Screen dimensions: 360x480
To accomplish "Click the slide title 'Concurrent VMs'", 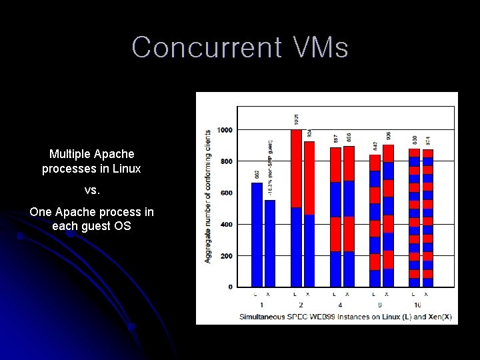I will (x=240, y=48).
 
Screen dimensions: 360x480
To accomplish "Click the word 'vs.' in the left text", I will (x=92, y=190).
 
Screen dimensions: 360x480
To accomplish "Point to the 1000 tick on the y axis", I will (x=225, y=129).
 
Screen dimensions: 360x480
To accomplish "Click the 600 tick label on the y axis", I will (x=226, y=193).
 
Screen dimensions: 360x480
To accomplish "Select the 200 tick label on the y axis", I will (x=226, y=255).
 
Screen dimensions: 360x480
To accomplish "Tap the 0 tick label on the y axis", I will (x=230, y=287).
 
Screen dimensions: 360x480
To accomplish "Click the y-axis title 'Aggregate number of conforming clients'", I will (x=208, y=196).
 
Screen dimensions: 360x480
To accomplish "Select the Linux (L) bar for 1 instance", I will (x=257, y=234).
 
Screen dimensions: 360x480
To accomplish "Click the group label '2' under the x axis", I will (x=301, y=305).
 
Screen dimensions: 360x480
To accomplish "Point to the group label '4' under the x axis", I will (x=341, y=305).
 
